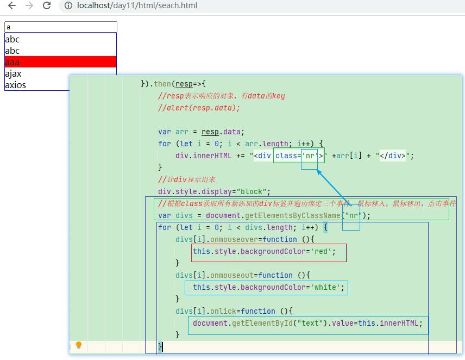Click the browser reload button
click(x=47, y=5)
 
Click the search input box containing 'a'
click(x=61, y=27)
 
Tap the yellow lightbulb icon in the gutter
click(x=79, y=345)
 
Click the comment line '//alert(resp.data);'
click(x=199, y=108)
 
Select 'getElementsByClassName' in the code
click(x=292, y=215)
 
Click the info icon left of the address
click(x=68, y=6)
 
